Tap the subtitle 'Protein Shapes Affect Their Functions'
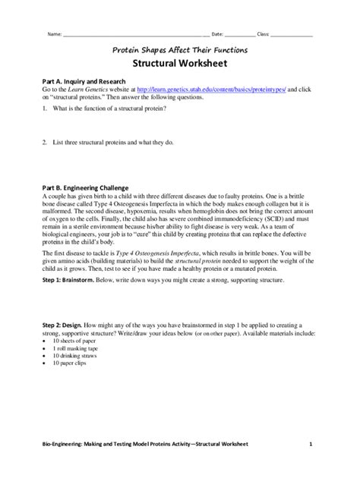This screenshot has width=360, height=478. coord(181,49)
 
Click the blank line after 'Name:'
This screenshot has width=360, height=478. coord(137,34)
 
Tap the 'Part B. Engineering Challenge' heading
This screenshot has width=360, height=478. coord(74,187)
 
